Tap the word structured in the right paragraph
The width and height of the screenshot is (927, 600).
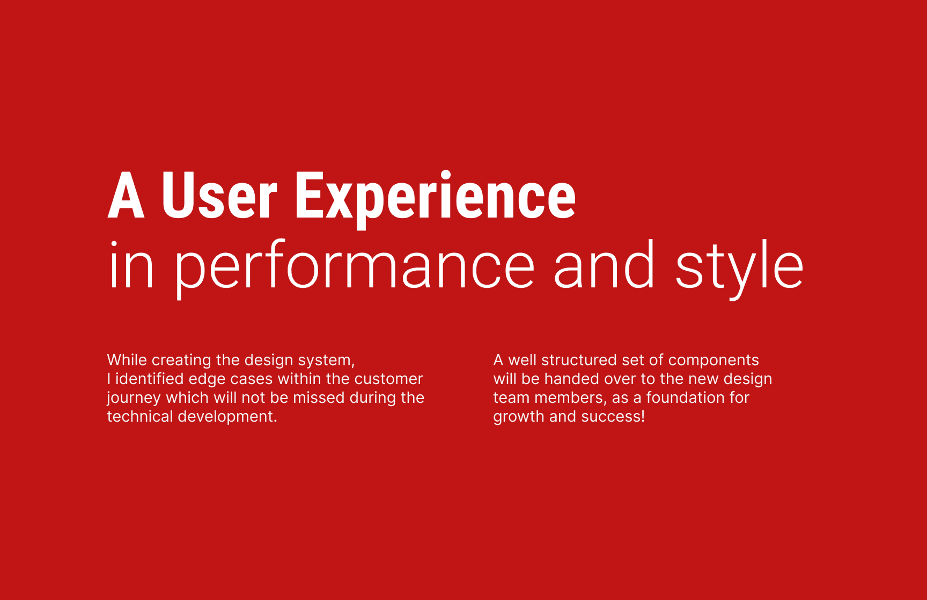579,360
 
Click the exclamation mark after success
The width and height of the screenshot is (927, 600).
643,416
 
